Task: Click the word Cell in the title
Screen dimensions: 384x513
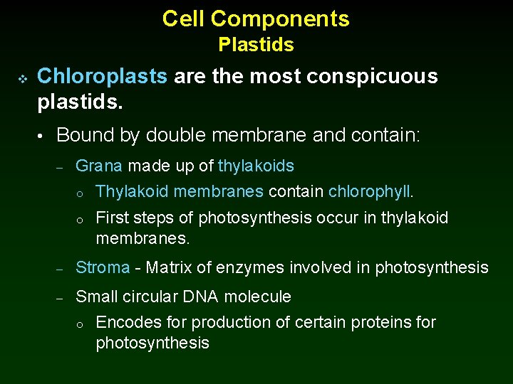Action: click(184, 18)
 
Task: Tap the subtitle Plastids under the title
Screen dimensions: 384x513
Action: click(256, 45)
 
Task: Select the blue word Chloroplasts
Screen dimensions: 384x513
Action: click(103, 77)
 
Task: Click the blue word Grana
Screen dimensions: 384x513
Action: click(99, 166)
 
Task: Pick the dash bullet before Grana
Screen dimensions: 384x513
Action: click(61, 167)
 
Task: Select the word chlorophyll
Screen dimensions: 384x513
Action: click(370, 192)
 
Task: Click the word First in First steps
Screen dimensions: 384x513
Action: click(111, 218)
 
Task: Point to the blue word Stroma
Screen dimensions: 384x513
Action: click(103, 268)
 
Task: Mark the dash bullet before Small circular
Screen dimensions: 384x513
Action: click(61, 297)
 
